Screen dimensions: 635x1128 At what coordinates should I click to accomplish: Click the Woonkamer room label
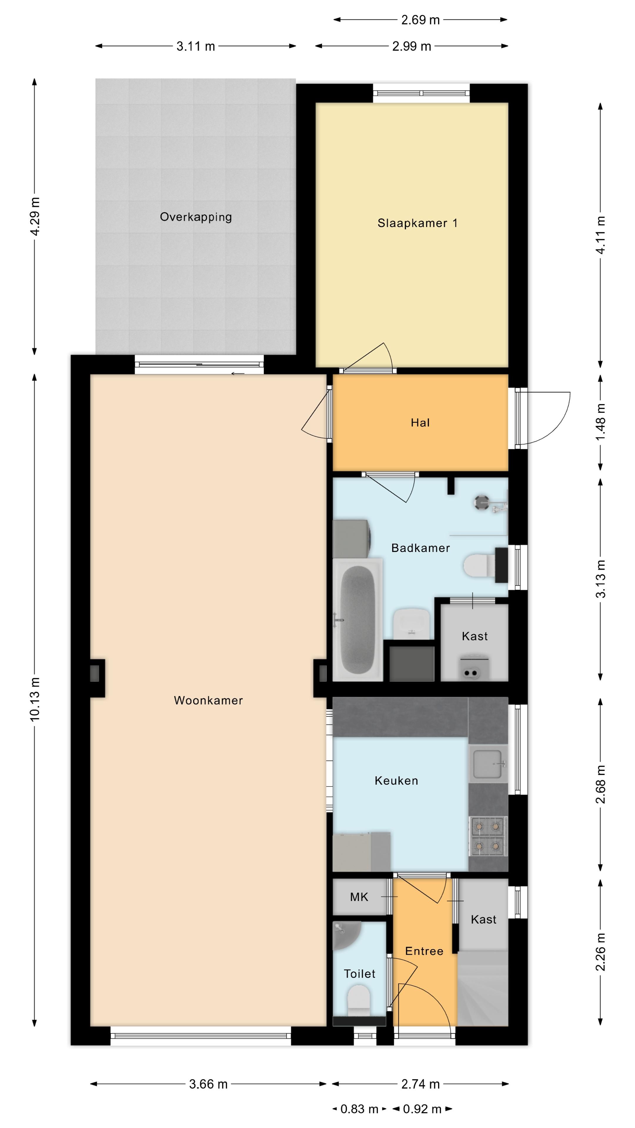pyautogui.click(x=208, y=700)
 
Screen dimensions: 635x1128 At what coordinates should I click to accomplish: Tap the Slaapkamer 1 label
pyautogui.click(x=417, y=223)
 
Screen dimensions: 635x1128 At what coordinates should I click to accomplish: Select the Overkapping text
pyautogui.click(x=195, y=217)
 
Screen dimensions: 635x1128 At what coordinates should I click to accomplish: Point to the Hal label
pyautogui.click(x=420, y=423)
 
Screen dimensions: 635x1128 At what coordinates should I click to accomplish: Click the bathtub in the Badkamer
pyautogui.click(x=357, y=620)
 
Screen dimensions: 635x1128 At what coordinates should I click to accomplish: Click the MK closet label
pyautogui.click(x=359, y=897)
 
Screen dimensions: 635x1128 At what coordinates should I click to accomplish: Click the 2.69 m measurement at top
pyautogui.click(x=420, y=20)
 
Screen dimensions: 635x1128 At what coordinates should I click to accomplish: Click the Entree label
pyautogui.click(x=424, y=951)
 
